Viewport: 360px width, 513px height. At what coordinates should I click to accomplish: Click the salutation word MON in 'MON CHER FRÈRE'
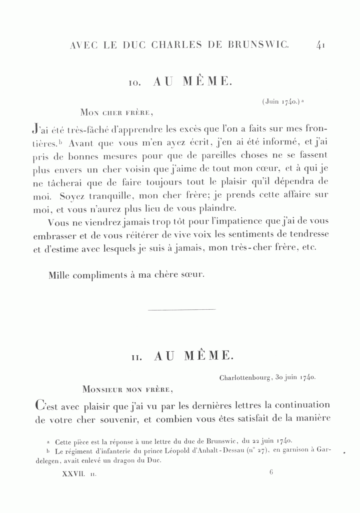pos(89,112)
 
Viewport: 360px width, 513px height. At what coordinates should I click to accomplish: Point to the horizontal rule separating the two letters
pos(182,309)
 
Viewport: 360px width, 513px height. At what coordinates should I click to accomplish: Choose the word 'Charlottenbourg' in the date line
pos(246,377)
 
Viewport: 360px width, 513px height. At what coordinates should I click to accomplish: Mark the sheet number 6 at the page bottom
pos(271,472)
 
